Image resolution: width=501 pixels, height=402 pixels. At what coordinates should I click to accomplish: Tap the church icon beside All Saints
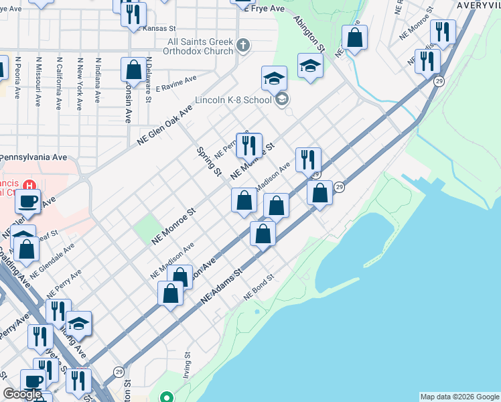243,46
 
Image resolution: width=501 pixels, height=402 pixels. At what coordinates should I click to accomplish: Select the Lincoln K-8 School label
233,100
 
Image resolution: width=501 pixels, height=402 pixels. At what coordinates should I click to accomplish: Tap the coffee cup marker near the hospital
28,201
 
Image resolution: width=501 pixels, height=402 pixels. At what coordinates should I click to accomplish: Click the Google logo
22,394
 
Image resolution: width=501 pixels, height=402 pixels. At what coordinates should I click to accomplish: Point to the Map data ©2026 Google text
459,397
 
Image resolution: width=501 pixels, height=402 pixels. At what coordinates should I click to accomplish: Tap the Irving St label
188,366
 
